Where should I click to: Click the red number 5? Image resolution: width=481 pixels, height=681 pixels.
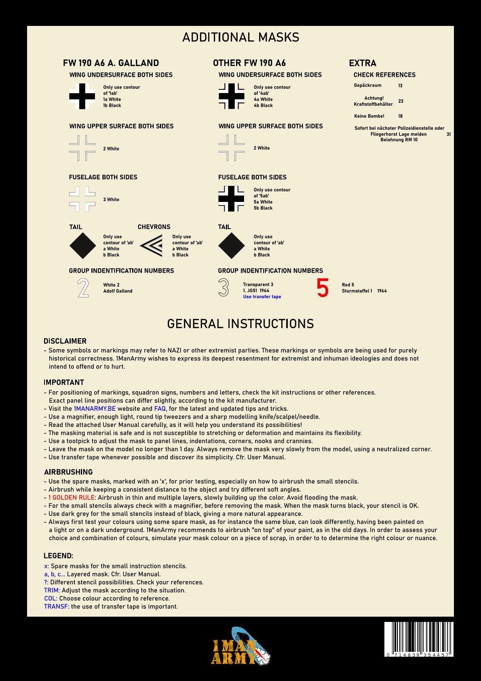pos(323,288)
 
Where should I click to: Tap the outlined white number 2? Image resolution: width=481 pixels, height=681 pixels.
pos(83,288)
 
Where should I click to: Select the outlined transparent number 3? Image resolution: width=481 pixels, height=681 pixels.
pos(224,288)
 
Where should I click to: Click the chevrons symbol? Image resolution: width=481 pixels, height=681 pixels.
pos(152,246)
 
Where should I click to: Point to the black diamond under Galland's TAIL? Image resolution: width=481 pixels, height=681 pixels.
pos(82,246)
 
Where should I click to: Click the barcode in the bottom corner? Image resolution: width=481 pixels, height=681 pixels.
pos(418,639)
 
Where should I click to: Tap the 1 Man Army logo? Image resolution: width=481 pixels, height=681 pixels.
pos(240,647)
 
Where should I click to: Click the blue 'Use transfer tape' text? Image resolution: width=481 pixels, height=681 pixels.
pos(262,297)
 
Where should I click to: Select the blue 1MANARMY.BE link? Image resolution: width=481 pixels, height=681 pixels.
pos(95,409)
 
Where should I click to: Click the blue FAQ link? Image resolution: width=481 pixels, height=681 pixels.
pos(160,409)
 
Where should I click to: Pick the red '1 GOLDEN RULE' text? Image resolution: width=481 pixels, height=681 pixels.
pos(71,498)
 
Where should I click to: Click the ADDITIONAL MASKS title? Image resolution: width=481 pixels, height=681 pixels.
pos(240,37)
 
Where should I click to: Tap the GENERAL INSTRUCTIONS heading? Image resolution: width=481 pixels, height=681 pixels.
pos(240,324)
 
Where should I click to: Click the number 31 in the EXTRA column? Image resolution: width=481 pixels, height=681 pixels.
pos(449,134)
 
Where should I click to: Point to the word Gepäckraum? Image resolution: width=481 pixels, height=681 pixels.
pos(367,85)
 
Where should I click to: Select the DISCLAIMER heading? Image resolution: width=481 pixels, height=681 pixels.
pos(65,341)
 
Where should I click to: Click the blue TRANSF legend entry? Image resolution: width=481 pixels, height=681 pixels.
pos(56,607)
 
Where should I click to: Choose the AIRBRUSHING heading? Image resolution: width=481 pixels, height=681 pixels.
pos(68,472)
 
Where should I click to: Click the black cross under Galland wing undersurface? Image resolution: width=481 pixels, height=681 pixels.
pos(82,96)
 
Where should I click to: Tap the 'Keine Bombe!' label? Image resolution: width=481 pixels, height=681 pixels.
pos(369,116)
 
